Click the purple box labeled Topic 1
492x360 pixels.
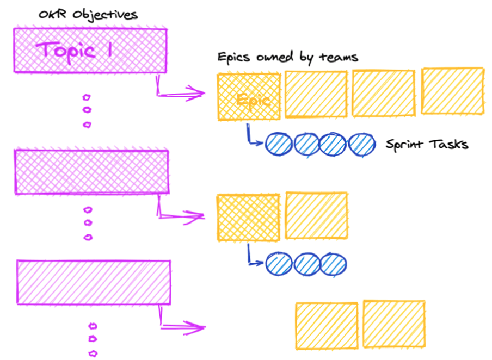coord(90,50)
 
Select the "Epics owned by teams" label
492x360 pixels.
coord(287,57)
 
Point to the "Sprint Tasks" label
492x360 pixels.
coord(427,145)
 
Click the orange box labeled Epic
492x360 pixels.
coord(249,97)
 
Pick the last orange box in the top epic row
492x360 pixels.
coord(453,91)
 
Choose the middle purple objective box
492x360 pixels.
coord(91,171)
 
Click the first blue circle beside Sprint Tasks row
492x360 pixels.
coord(279,145)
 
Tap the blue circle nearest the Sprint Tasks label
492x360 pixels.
coord(362,145)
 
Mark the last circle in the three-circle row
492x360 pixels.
coord(333,264)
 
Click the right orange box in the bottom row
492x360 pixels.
coord(394,324)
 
